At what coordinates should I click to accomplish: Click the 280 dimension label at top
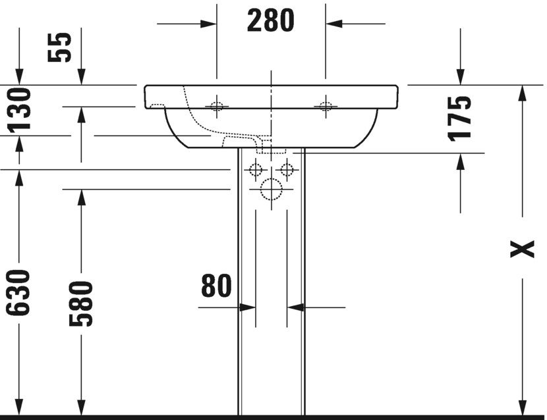pos(270,21)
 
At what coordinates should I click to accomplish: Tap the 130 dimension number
pos(19,109)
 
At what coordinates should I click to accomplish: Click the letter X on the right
pos(523,249)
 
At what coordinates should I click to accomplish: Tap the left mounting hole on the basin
pos(216,105)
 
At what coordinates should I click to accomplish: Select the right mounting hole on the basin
pos(324,105)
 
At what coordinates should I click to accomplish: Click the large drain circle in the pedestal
pos(271,190)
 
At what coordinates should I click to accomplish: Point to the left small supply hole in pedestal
pos(255,170)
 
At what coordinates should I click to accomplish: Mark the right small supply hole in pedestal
pos(287,170)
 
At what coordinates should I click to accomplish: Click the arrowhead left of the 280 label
pos(209,24)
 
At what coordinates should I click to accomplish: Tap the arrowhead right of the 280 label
pos(333,24)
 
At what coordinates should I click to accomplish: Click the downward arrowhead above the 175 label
pos(460,77)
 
